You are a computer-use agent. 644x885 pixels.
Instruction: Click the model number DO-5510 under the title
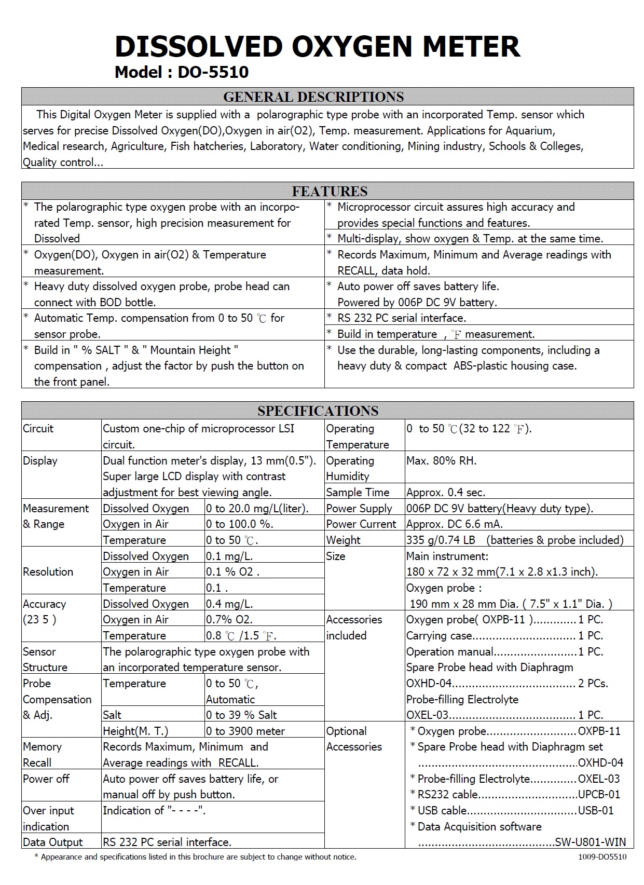tap(213, 72)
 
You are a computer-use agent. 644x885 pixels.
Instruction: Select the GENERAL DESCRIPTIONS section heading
tap(313, 97)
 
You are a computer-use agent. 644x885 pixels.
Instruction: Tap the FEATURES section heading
tap(330, 192)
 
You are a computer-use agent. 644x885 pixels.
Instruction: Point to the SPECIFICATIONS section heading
tap(318, 411)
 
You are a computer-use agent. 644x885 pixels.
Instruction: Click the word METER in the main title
tap(471, 47)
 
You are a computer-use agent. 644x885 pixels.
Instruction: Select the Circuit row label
tap(38, 429)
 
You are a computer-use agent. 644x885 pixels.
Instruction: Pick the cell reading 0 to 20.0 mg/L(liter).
tap(257, 509)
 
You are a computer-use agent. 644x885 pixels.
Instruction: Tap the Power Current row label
tap(361, 524)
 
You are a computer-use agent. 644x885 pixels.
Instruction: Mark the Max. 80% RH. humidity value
tap(442, 461)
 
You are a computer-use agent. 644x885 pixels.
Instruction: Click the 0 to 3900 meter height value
tap(245, 731)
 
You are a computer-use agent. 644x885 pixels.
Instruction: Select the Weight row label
tap(344, 540)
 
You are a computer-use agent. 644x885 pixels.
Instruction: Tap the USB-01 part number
tap(595, 811)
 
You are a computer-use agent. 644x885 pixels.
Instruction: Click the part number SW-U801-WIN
tap(590, 842)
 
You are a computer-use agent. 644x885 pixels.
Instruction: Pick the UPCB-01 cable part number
tap(599, 795)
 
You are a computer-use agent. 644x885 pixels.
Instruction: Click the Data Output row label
tap(53, 842)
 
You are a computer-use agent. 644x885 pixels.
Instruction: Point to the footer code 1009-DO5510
tap(602, 857)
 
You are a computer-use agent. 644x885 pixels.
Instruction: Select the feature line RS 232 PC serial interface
tap(402, 318)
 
